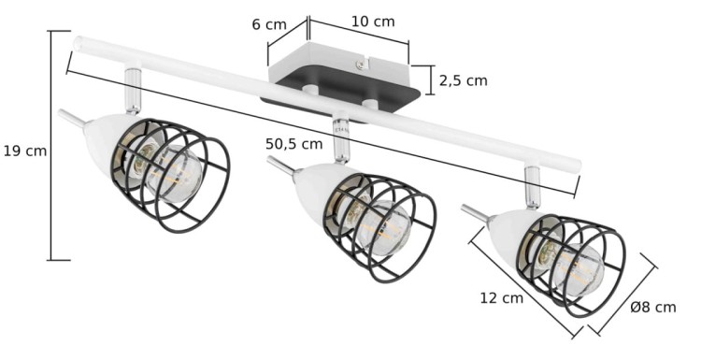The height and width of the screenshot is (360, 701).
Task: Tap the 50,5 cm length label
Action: (x=293, y=144)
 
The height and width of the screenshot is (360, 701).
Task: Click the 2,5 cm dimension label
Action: (x=464, y=80)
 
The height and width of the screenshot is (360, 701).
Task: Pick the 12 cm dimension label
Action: (x=501, y=298)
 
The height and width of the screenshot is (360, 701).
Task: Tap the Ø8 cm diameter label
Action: (x=653, y=307)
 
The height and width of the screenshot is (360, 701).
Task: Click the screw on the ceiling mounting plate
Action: (x=361, y=65)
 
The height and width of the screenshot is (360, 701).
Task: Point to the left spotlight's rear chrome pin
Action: (x=70, y=118)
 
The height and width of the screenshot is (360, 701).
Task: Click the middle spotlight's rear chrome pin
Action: (x=279, y=166)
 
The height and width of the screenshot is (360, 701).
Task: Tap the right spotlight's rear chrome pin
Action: (x=474, y=212)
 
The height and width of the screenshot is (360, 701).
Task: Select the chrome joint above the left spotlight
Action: (x=133, y=91)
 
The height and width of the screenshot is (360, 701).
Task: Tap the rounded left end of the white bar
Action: (x=80, y=43)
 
